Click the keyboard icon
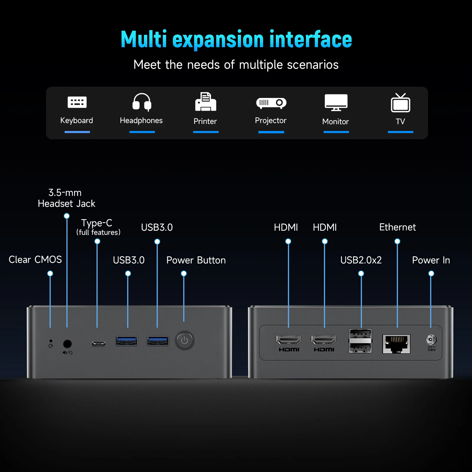pos(77,102)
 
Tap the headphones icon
pos(142,102)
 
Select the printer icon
pos(206,102)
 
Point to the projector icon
pos(271,103)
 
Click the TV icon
pos(400,103)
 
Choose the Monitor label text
pos(335,122)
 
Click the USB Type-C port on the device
pos(99,344)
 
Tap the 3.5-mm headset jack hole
pos(67,344)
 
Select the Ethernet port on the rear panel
pos(396,344)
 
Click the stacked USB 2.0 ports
pos(360,341)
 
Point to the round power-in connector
pos(431,340)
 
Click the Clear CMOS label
pos(35,260)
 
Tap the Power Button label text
pos(196,260)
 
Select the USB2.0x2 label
pos(361,260)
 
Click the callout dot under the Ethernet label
pos(397,242)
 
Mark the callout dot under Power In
pos(431,273)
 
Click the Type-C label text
pos(97,223)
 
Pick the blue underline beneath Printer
pos(206,132)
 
